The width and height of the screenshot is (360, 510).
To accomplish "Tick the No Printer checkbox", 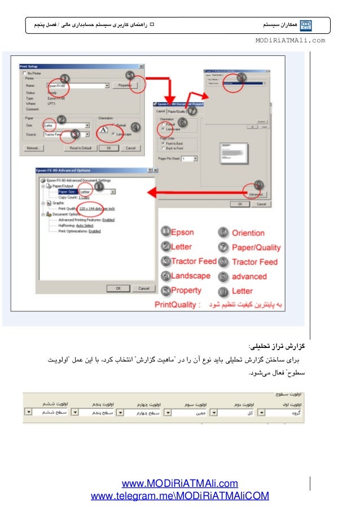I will click(24, 73).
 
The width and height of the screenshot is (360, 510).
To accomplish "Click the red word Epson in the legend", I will click(182, 232).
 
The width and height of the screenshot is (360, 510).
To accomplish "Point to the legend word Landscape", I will click(190, 276).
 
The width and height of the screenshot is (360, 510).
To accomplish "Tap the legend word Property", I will click(186, 290).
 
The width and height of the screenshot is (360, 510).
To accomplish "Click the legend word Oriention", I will click(248, 233).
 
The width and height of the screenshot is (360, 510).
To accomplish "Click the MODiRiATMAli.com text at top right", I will click(290, 41).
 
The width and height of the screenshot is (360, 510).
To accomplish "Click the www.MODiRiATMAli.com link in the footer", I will click(180, 483).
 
